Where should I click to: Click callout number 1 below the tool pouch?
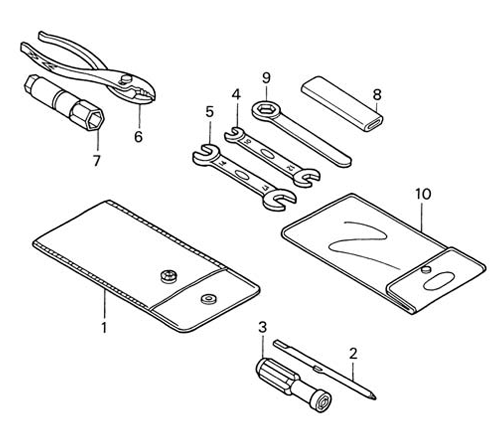(104, 328)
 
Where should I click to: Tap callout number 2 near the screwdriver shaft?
(353, 353)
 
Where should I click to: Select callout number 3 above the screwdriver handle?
(262, 327)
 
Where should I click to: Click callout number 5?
(210, 112)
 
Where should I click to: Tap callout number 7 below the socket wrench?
(97, 161)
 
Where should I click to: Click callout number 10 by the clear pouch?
(424, 194)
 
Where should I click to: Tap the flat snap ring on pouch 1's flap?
(208, 299)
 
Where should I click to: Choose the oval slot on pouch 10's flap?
(439, 280)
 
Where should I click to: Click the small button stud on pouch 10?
(426, 269)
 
